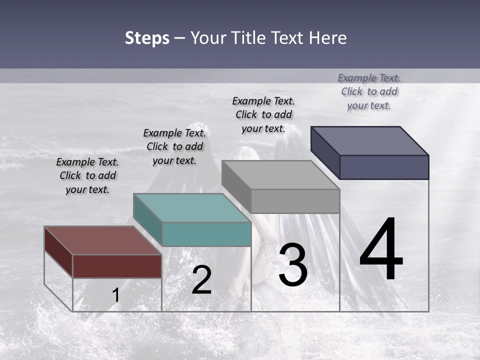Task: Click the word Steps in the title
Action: (x=147, y=38)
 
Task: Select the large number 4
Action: (x=381, y=249)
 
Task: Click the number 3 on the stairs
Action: (x=293, y=265)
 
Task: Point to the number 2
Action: (x=201, y=280)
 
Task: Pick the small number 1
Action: (x=115, y=295)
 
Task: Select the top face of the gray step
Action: (x=280, y=175)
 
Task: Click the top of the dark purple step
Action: (x=369, y=141)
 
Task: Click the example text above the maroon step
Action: (x=87, y=175)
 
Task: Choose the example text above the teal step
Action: (x=174, y=146)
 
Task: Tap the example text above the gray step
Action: (x=263, y=114)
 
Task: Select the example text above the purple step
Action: (x=369, y=91)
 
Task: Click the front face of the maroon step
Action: (x=117, y=266)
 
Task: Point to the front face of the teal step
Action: (x=206, y=234)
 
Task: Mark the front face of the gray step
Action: (x=295, y=201)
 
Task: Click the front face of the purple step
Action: (x=384, y=167)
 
